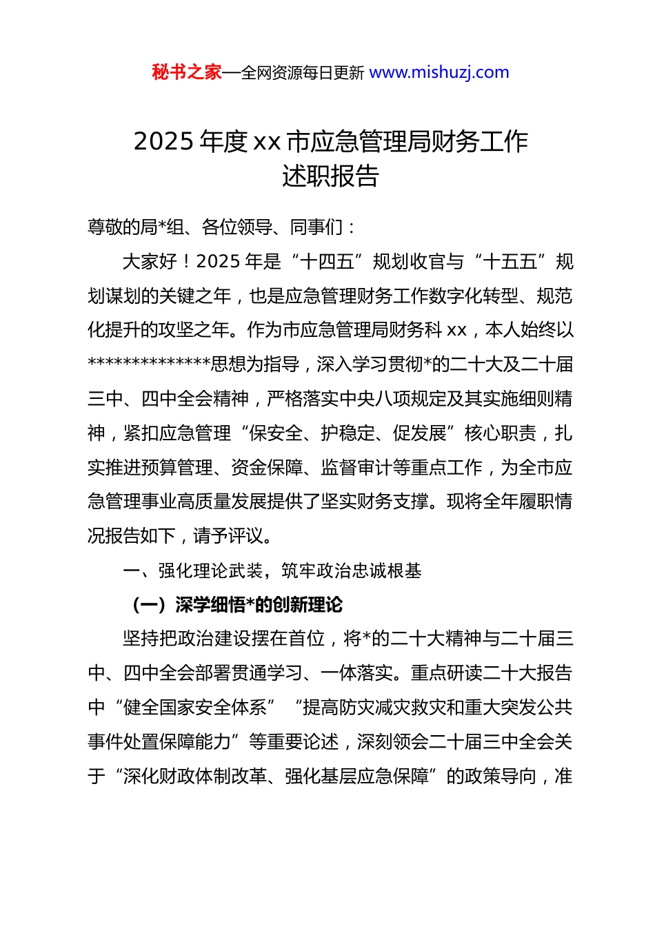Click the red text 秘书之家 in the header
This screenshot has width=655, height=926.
pos(186,72)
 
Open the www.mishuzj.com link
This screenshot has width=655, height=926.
pos(439,72)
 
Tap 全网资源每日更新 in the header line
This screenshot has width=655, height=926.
pos(302,73)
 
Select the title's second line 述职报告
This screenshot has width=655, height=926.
pos(330,176)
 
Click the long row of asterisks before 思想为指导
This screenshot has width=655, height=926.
pos(149,364)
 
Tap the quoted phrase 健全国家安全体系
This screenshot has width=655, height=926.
pos(194,708)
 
